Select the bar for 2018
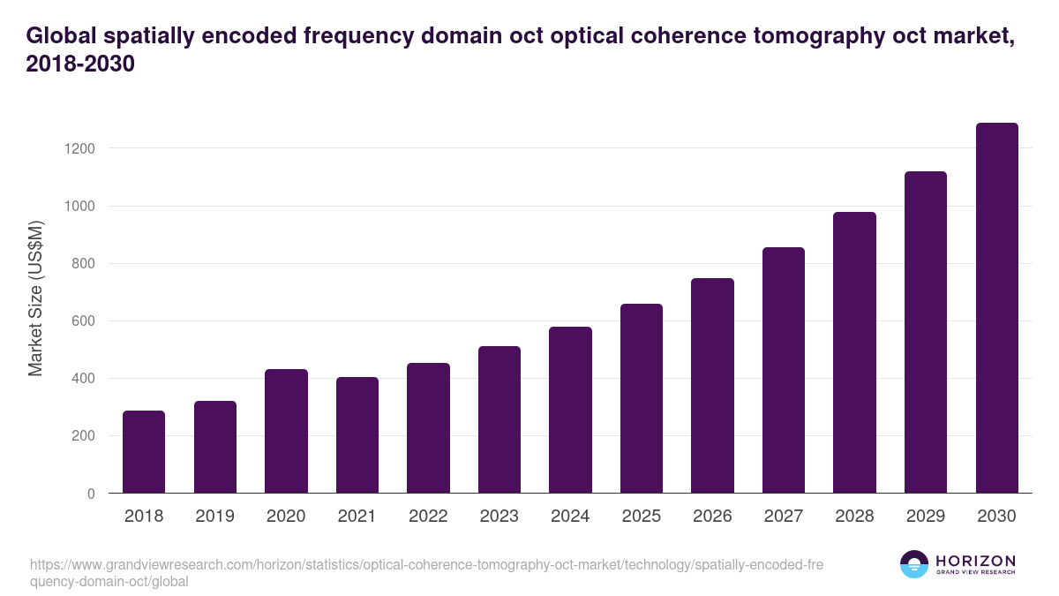(x=144, y=452)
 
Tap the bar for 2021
(x=357, y=435)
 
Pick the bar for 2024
(x=570, y=410)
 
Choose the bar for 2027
(x=784, y=370)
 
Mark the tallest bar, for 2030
(x=996, y=308)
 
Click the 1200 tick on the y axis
(x=79, y=148)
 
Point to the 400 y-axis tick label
(x=83, y=379)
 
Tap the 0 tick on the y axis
(x=91, y=494)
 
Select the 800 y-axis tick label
(x=83, y=264)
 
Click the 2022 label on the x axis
(x=428, y=517)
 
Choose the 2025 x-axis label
(x=642, y=517)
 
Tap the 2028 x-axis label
(x=854, y=517)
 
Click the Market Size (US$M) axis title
(x=35, y=298)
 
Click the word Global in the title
(x=60, y=36)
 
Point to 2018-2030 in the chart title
(x=80, y=64)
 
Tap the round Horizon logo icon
(x=914, y=564)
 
